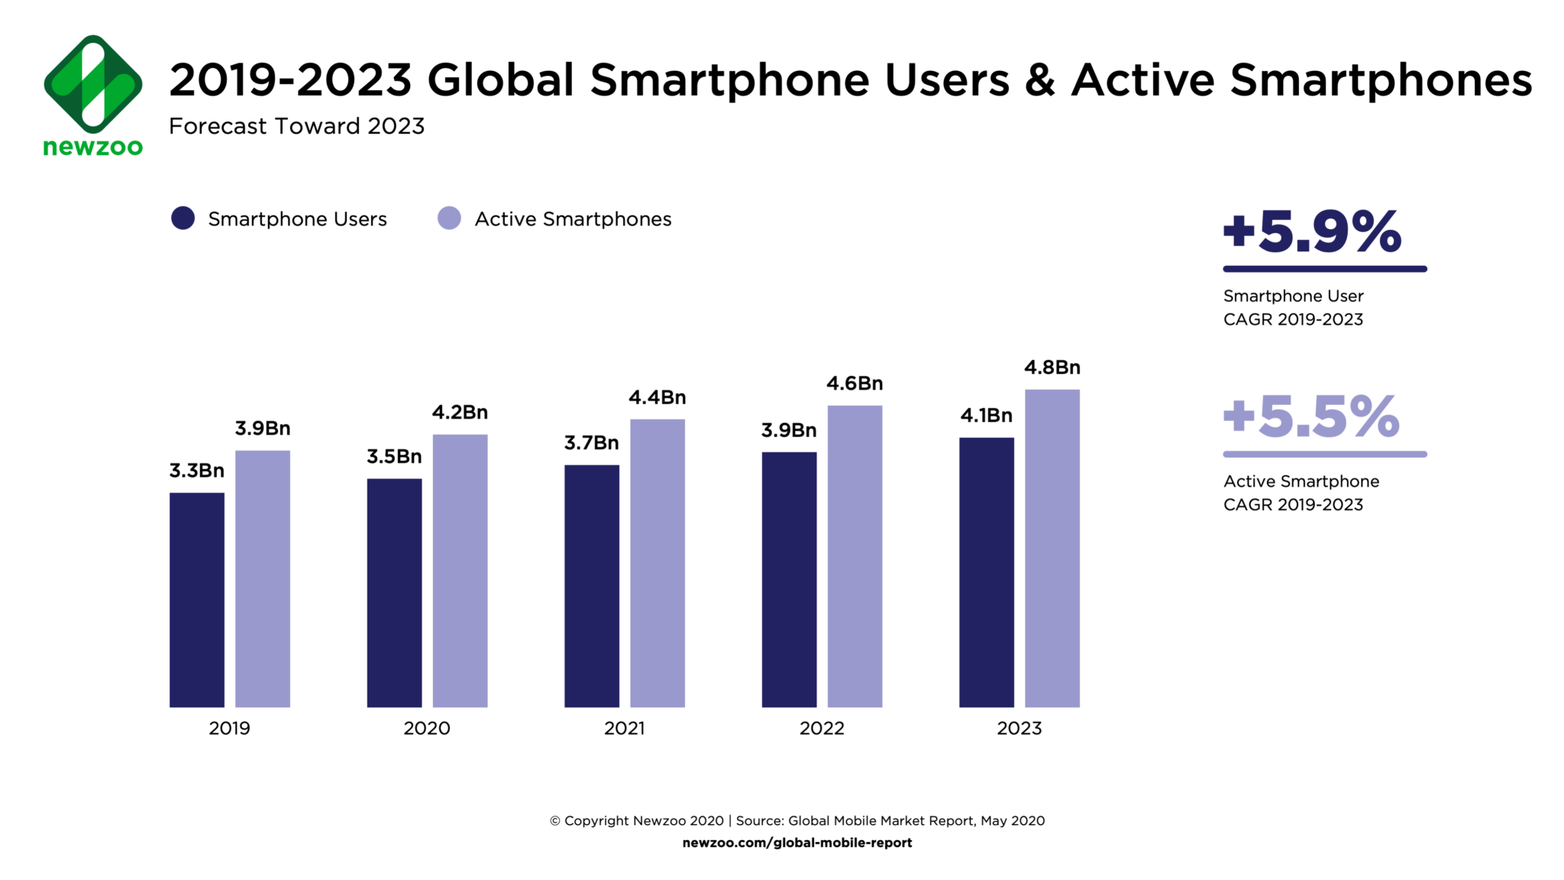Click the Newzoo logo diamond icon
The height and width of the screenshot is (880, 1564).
point(93,83)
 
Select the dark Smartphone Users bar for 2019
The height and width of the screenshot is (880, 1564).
point(197,600)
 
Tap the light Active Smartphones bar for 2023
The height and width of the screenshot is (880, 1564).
point(1052,548)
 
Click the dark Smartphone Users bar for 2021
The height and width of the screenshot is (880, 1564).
point(592,586)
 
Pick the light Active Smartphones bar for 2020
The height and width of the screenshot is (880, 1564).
point(460,571)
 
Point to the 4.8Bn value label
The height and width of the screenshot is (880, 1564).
point(1052,367)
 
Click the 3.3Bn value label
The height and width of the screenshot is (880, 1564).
point(197,471)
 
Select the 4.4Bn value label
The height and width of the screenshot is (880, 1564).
point(657,397)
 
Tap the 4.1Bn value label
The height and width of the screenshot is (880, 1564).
point(986,416)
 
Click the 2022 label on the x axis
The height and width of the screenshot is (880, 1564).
point(822,728)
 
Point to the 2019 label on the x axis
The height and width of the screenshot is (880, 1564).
point(229,728)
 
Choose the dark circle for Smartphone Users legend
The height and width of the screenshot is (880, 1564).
point(183,218)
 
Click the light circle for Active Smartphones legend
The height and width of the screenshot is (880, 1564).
point(449,218)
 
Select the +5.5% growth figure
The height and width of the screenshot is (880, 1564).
point(1311,417)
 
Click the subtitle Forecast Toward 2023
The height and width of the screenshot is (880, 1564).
point(296,126)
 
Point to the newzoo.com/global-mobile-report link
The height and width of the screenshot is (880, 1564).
point(797,843)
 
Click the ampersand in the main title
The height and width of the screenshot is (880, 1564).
point(1040,80)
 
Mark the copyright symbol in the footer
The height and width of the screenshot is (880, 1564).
point(555,821)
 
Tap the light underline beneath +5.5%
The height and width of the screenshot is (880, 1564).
point(1324,455)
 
